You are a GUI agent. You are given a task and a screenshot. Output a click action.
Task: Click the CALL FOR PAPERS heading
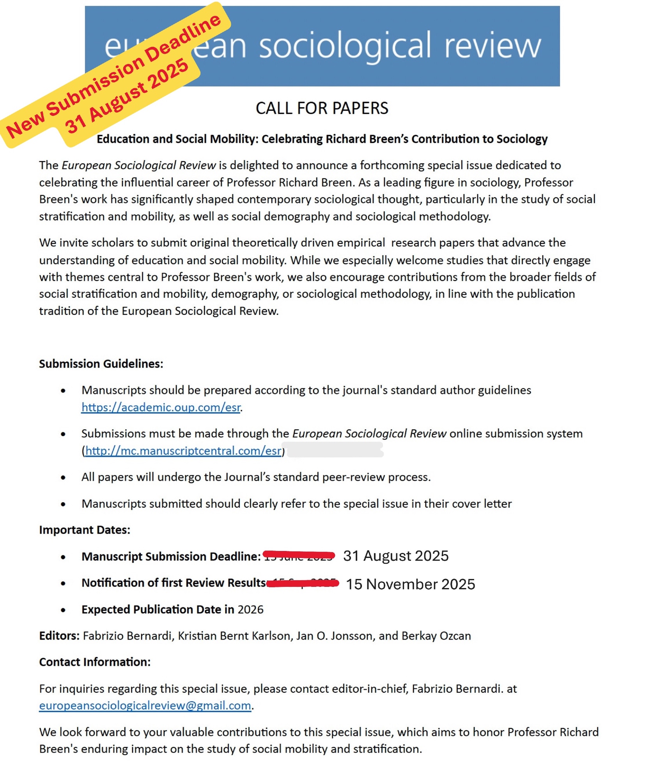tap(322, 108)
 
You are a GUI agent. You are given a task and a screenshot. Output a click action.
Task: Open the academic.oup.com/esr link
tap(161, 407)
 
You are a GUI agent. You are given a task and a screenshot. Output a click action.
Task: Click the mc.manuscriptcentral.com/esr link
tap(183, 451)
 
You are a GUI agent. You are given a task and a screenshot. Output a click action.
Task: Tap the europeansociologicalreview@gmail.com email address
tap(145, 705)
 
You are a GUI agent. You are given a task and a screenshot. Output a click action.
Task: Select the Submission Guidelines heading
tap(101, 364)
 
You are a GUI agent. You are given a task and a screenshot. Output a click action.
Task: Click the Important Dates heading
tap(85, 530)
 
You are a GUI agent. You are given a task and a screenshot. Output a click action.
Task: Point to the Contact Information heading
tap(95, 662)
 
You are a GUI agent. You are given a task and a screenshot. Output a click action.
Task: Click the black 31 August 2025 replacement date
tap(396, 556)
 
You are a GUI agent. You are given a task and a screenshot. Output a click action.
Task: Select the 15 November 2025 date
tap(411, 584)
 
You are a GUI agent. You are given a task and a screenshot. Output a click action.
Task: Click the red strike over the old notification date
tap(303, 583)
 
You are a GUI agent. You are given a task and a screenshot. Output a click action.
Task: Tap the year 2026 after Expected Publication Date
tap(250, 609)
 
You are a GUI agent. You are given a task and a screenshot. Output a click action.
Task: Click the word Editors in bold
tap(59, 636)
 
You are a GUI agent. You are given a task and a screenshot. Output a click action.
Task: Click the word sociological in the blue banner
tap(346, 46)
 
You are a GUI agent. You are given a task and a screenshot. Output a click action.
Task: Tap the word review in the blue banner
tap(493, 46)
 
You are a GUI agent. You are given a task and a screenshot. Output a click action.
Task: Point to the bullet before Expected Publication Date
tap(63, 610)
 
